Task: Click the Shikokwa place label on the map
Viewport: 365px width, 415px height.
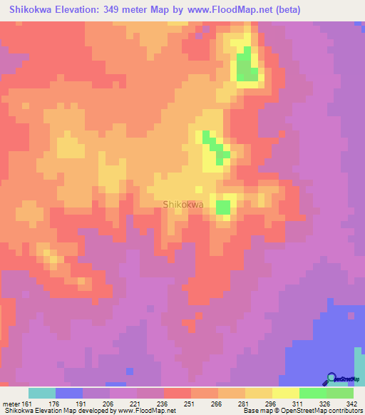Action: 184,205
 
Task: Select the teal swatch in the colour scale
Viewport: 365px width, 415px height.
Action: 42,393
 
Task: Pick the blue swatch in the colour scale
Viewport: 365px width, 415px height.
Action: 69,393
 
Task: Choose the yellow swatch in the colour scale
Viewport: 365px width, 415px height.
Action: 286,393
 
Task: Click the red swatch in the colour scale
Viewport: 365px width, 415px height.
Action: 178,393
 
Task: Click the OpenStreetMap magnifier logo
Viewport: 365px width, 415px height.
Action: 331,378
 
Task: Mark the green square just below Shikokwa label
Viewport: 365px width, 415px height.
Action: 224,207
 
